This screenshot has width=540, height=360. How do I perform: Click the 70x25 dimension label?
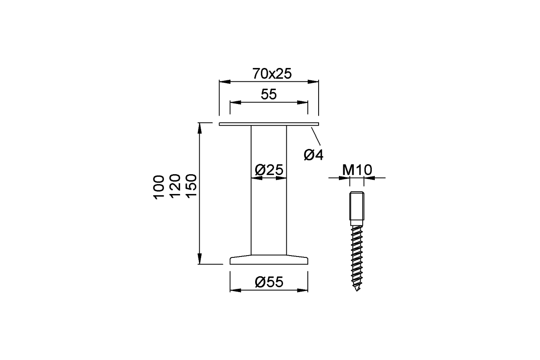click(x=269, y=73)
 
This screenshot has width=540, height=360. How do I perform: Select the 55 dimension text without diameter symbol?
click(x=269, y=94)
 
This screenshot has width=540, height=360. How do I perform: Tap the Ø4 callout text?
click(x=314, y=155)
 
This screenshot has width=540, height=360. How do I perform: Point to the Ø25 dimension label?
click(x=269, y=170)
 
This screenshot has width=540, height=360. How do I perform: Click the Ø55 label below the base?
click(x=269, y=282)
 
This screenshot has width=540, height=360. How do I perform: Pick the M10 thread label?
click(x=356, y=170)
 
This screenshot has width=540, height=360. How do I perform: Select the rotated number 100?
click(x=159, y=187)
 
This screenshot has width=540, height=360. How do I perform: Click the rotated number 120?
click(x=175, y=187)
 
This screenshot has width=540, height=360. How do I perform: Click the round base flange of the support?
click(x=269, y=260)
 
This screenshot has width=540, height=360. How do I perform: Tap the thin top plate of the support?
click(x=269, y=124)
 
